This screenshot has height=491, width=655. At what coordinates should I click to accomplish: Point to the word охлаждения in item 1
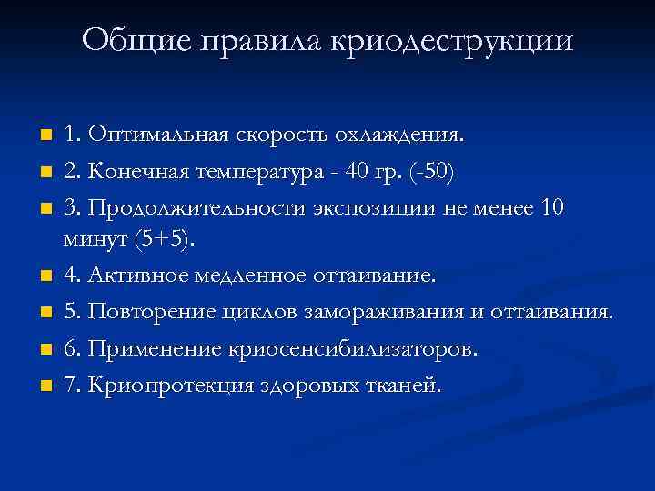(410, 135)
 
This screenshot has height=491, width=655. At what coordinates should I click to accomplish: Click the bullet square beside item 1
(45, 136)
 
